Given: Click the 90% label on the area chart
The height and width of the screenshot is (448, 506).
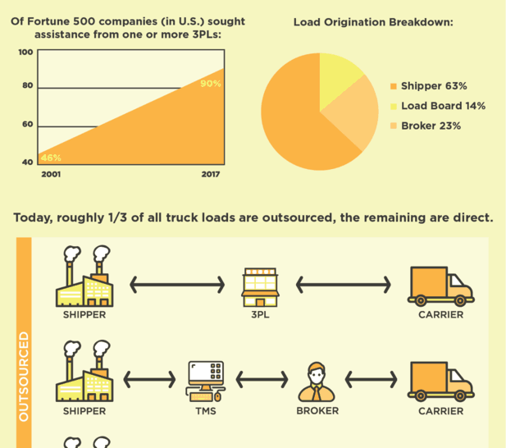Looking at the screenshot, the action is pyautogui.click(x=211, y=84).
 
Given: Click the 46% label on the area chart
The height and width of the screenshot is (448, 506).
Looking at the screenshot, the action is pyautogui.click(x=51, y=158).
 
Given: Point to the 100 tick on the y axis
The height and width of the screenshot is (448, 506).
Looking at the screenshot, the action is pyautogui.click(x=25, y=52).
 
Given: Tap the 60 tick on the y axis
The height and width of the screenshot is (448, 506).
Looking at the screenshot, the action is pyautogui.click(x=27, y=124).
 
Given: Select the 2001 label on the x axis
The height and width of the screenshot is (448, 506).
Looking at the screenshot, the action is pyautogui.click(x=51, y=174).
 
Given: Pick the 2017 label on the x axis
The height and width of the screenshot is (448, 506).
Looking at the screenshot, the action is pyautogui.click(x=211, y=174).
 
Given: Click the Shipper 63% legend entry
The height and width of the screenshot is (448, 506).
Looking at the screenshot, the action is pyautogui.click(x=429, y=86).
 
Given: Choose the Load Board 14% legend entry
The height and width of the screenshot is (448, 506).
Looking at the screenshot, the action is pyautogui.click(x=438, y=106).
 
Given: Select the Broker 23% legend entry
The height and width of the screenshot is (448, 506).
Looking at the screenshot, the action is pyautogui.click(x=426, y=126).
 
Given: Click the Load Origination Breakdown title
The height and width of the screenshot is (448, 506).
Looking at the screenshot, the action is pyautogui.click(x=373, y=22).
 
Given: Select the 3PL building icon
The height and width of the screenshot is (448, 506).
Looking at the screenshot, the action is pyautogui.click(x=261, y=287).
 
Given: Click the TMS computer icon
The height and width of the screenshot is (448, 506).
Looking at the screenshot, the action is pyautogui.click(x=206, y=382).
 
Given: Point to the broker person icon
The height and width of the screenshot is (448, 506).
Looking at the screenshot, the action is pyautogui.click(x=317, y=382).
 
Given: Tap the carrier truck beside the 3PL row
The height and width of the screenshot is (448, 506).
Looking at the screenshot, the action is pyautogui.click(x=441, y=286).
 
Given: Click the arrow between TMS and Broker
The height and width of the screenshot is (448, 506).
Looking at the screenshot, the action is pyautogui.click(x=262, y=379).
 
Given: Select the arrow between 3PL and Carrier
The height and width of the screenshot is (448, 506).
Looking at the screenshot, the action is pyautogui.click(x=344, y=285).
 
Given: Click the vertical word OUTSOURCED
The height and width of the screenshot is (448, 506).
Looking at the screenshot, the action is pyautogui.click(x=24, y=377).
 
